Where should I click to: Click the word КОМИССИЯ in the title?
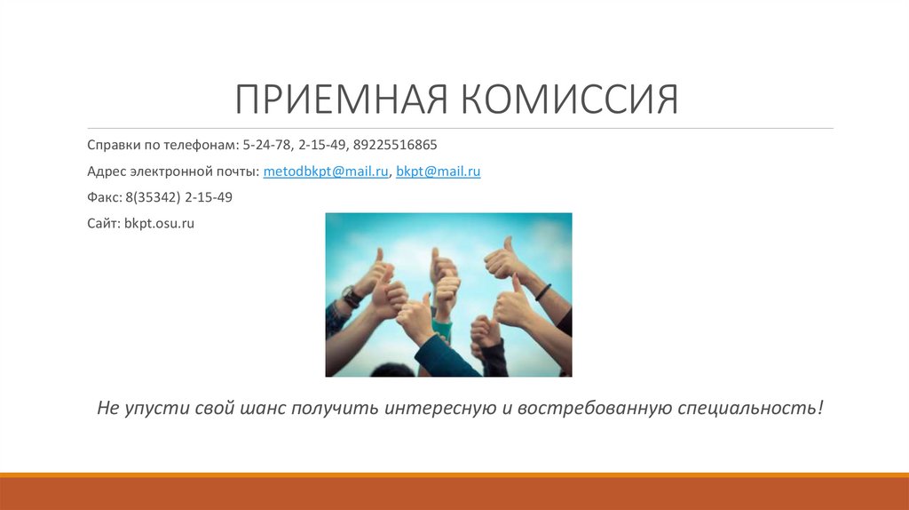click(x=569, y=100)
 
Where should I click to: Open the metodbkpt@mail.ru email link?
click(x=326, y=171)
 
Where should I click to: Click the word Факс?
click(x=103, y=197)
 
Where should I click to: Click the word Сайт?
click(x=103, y=224)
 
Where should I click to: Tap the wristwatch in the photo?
click(x=351, y=296)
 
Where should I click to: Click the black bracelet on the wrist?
click(x=542, y=291)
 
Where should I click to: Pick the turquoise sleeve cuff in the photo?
click(x=442, y=330)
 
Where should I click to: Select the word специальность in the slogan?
click(x=751, y=409)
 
